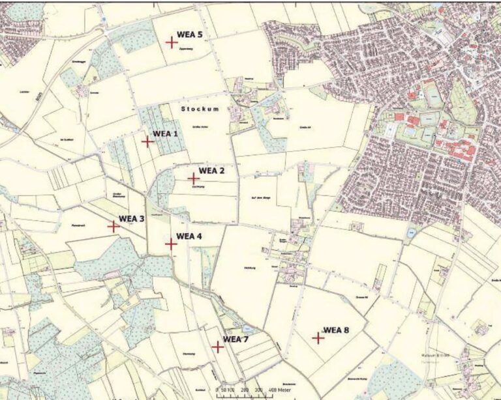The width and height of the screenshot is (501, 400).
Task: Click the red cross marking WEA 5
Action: pos(172,42)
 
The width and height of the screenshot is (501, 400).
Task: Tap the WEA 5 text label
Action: pos(190,35)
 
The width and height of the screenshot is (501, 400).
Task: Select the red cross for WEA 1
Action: pos(148,141)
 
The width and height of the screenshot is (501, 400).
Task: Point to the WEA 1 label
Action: pos(166,134)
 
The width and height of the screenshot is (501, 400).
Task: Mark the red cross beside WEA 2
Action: pos(194,178)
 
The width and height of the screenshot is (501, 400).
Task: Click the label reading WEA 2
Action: pos(212,171)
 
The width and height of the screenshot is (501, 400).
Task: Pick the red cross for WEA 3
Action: pos(113,227)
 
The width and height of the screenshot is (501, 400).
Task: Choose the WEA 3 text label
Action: pos(132,219)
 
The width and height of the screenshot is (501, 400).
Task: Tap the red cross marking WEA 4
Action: pos(171,244)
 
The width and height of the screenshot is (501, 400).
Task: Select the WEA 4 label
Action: pos(190,236)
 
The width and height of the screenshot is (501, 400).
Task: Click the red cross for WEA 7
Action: pos(218,347)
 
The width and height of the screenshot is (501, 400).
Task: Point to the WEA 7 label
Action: pos(236,339)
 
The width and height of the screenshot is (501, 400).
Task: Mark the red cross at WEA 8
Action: pos(318,337)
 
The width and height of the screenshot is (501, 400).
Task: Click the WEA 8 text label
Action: pos(337,330)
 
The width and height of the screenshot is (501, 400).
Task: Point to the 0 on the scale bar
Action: pos(217,390)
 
